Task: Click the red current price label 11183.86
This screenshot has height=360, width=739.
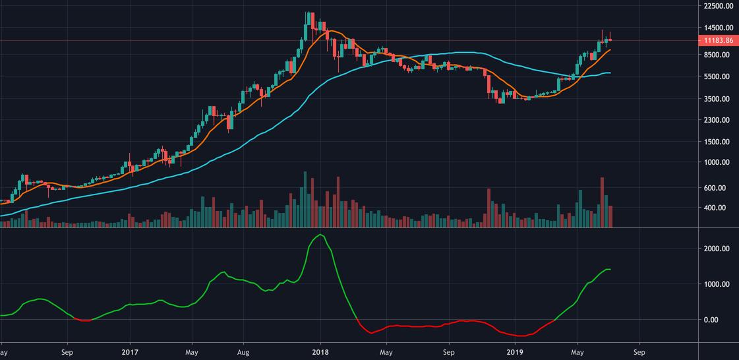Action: coord(718,41)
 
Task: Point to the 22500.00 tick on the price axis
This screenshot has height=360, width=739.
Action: coord(717,6)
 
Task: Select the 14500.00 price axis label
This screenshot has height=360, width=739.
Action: coord(717,28)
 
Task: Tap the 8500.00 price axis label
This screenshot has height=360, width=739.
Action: coord(717,55)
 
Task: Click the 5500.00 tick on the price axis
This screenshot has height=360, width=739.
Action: coord(717,76)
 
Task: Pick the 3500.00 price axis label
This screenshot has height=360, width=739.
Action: coord(717,99)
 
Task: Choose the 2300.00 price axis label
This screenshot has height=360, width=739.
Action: coord(717,120)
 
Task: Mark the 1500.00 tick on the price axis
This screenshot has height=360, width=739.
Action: coord(717,142)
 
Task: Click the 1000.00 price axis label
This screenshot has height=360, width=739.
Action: coord(717,162)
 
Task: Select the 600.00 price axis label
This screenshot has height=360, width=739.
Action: coord(717,188)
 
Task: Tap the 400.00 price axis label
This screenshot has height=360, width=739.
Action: coord(717,208)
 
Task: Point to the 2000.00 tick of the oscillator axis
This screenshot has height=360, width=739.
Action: coord(717,249)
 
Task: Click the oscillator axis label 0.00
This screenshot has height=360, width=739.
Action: coord(717,320)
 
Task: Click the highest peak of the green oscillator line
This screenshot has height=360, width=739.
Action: coord(320,235)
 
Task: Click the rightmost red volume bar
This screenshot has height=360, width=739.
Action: coord(610,217)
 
